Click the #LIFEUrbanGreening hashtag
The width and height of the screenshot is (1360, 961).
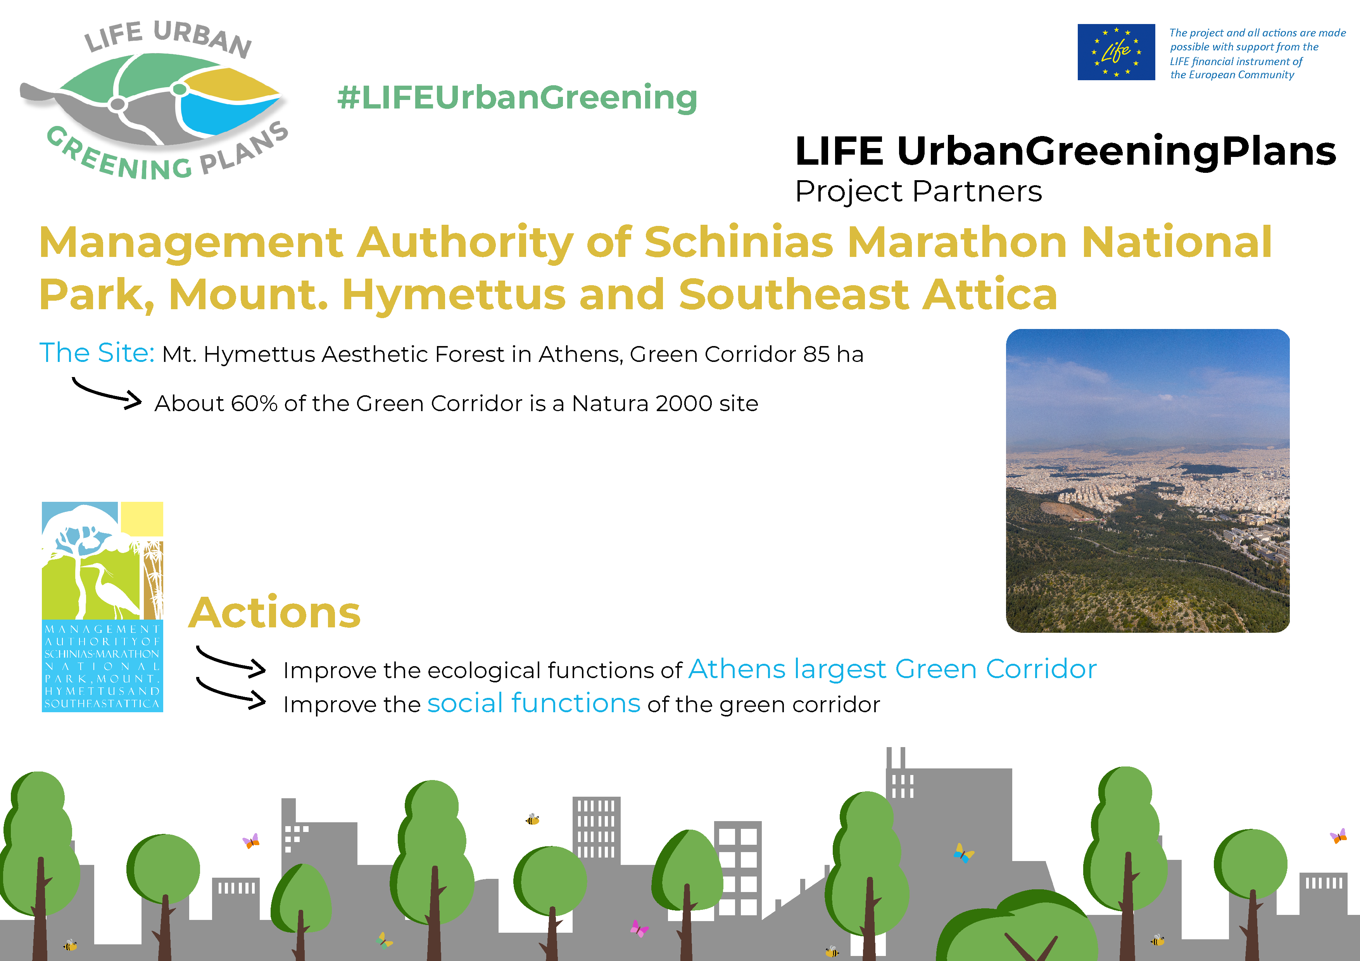click(x=517, y=98)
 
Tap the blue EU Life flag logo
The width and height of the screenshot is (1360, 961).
click(x=1116, y=52)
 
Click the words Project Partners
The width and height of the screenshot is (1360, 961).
click(x=918, y=191)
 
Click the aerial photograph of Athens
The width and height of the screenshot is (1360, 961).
click(x=1147, y=481)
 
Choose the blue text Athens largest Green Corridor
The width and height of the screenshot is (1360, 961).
click(x=893, y=669)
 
